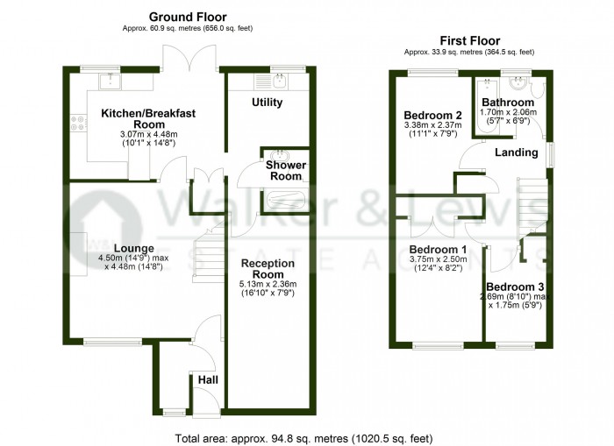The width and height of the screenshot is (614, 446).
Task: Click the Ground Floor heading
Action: pos(188,18)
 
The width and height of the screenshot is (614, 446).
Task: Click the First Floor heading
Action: pos(470,40)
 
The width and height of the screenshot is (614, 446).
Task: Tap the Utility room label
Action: pos(267,103)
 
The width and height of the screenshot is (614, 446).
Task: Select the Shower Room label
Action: pos(286,171)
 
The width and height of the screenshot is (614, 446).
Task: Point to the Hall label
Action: pos(208,380)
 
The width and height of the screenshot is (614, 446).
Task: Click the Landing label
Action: pos(517,152)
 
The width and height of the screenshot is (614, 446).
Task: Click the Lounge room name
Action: pos(134,249)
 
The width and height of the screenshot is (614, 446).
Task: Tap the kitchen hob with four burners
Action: pos(78,123)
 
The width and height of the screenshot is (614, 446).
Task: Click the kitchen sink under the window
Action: pos(111,81)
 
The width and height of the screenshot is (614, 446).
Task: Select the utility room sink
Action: pos(280,81)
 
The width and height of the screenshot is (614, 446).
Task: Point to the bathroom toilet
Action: pos(537,88)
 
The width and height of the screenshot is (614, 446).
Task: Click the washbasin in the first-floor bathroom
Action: pos(518,83)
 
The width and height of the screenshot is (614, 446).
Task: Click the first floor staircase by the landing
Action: pos(532,208)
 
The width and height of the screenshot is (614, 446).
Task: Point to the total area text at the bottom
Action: pos(303,438)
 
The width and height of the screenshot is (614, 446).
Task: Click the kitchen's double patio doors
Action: pos(189,59)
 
